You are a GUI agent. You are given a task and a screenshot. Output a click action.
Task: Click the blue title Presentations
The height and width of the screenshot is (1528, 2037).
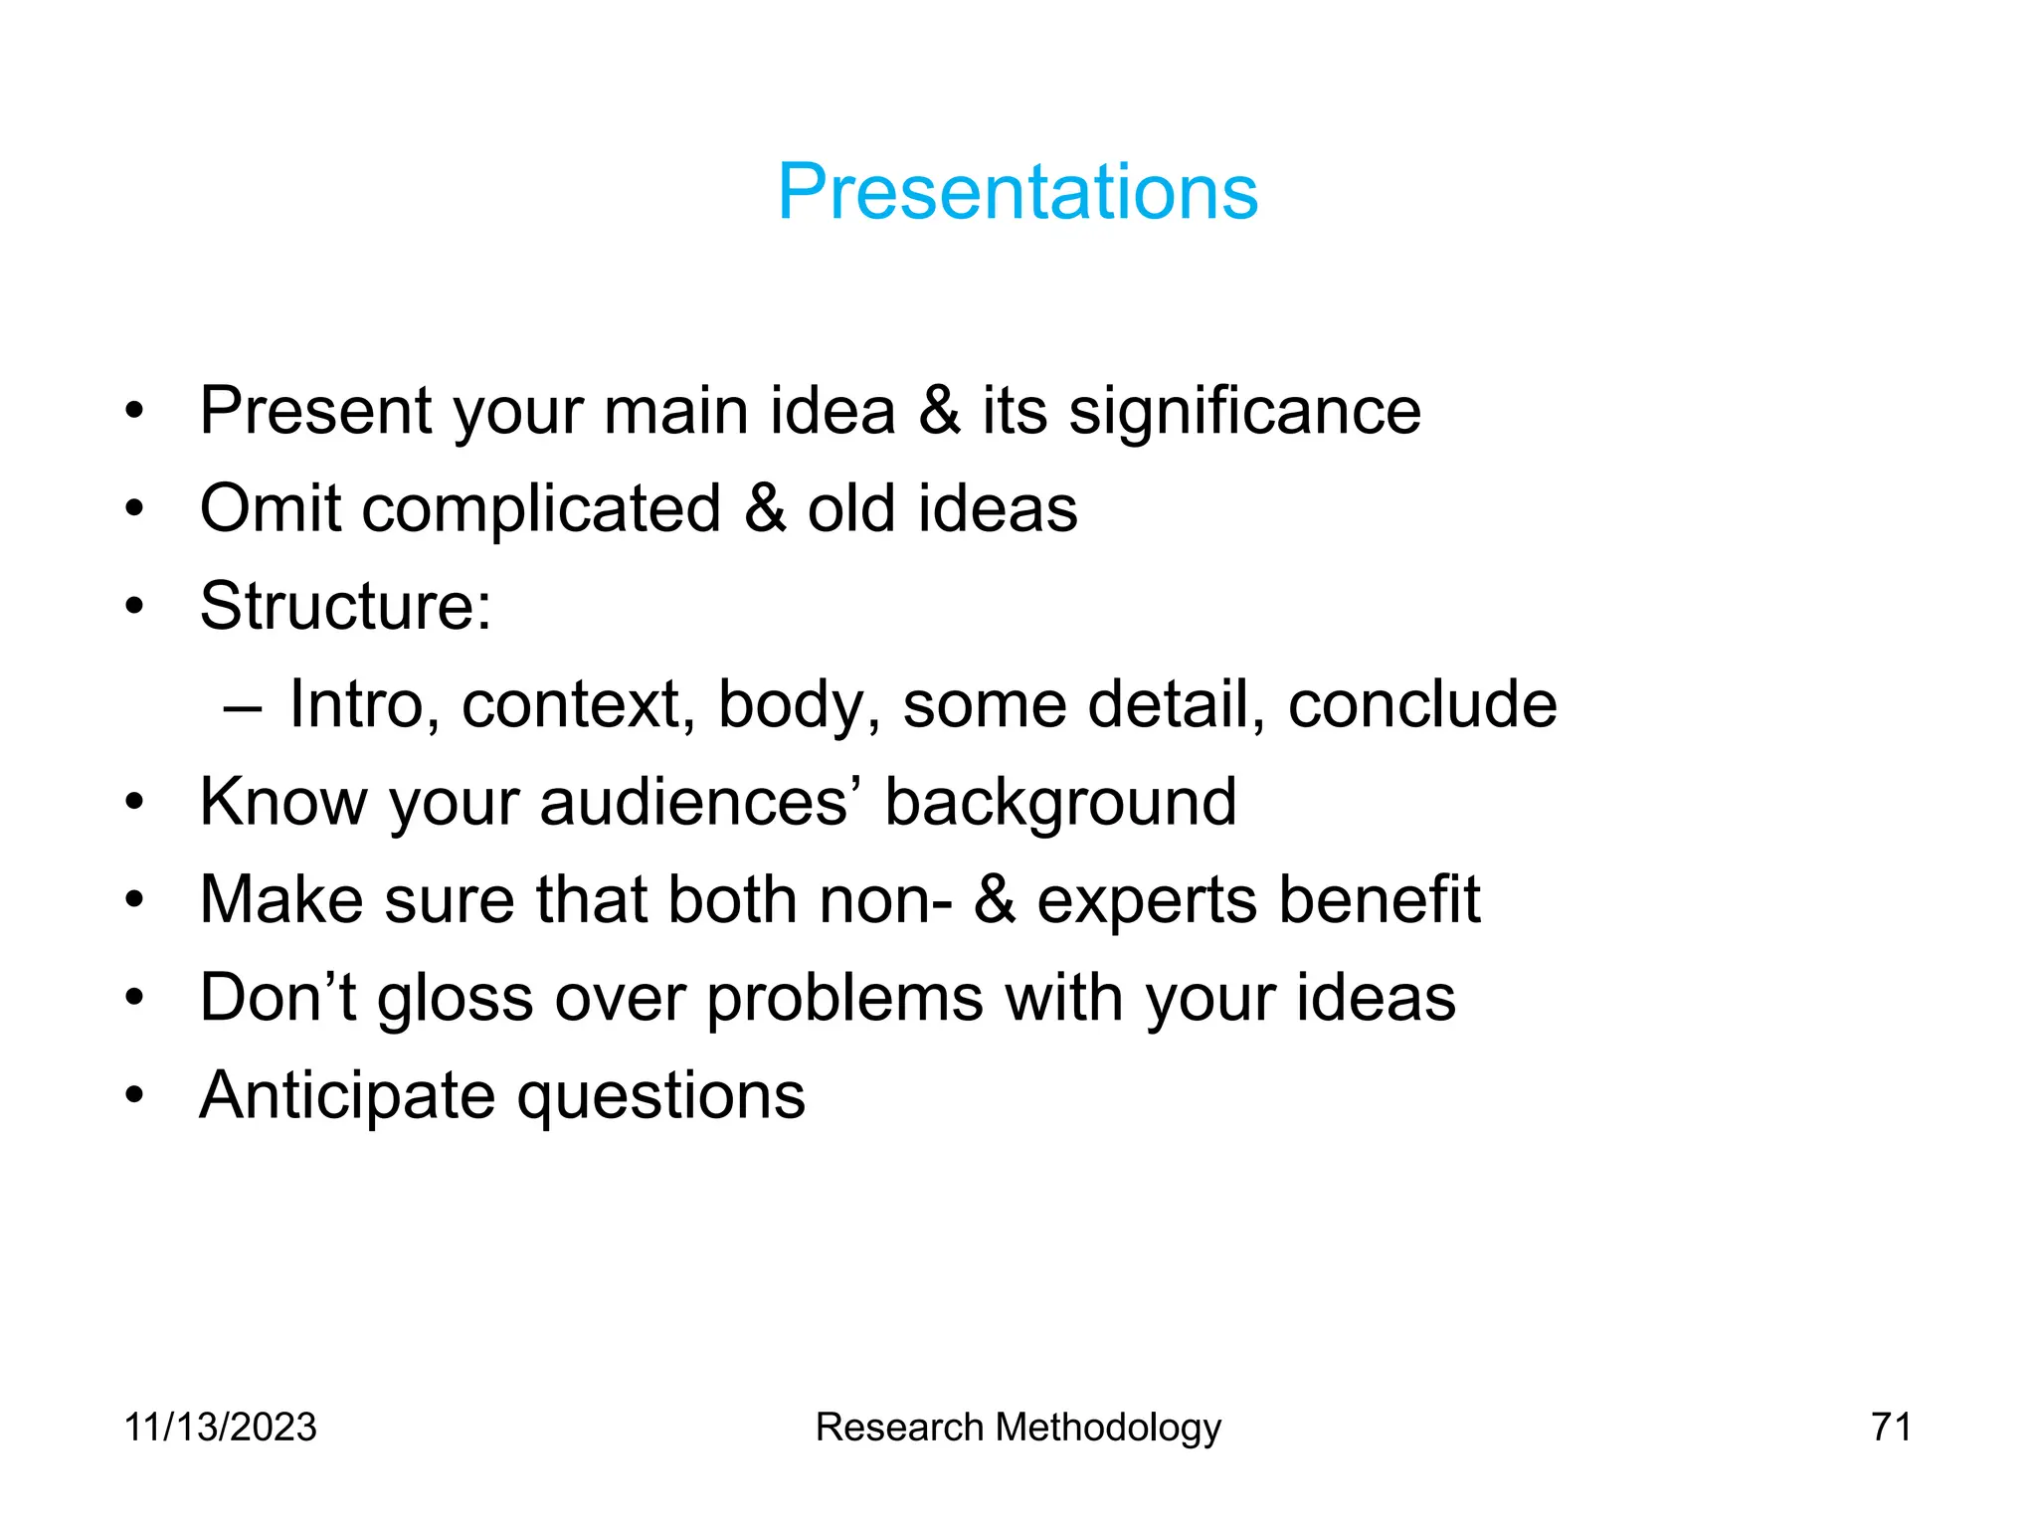(1018, 191)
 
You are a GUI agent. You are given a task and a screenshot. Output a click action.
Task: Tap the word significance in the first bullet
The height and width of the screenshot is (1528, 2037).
(1244, 411)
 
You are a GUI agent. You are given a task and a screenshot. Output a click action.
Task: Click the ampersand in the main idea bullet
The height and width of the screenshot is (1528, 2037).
(940, 411)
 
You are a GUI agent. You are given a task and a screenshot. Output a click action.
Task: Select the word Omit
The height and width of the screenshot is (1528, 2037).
(271, 508)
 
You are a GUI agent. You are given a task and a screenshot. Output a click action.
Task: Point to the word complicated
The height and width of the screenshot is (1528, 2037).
(541, 508)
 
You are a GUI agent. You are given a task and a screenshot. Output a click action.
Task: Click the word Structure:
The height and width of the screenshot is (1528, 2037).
(345, 606)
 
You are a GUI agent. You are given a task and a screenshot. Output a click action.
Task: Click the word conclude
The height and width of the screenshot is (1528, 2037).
(1421, 704)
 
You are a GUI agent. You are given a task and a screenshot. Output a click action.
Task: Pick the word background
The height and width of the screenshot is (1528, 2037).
(1060, 802)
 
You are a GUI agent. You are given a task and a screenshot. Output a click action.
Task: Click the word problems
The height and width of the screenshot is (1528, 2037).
(844, 998)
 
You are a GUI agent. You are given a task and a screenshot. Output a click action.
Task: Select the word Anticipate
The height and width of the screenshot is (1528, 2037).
(347, 1096)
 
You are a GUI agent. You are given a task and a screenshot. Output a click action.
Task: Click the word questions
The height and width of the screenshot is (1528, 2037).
(661, 1096)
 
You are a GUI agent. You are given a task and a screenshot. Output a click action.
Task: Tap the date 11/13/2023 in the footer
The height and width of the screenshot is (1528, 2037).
(220, 1427)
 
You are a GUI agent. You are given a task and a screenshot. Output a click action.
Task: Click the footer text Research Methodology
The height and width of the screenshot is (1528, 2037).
(1018, 1428)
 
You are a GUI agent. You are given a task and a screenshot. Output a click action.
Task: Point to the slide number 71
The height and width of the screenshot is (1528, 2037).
(1891, 1427)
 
